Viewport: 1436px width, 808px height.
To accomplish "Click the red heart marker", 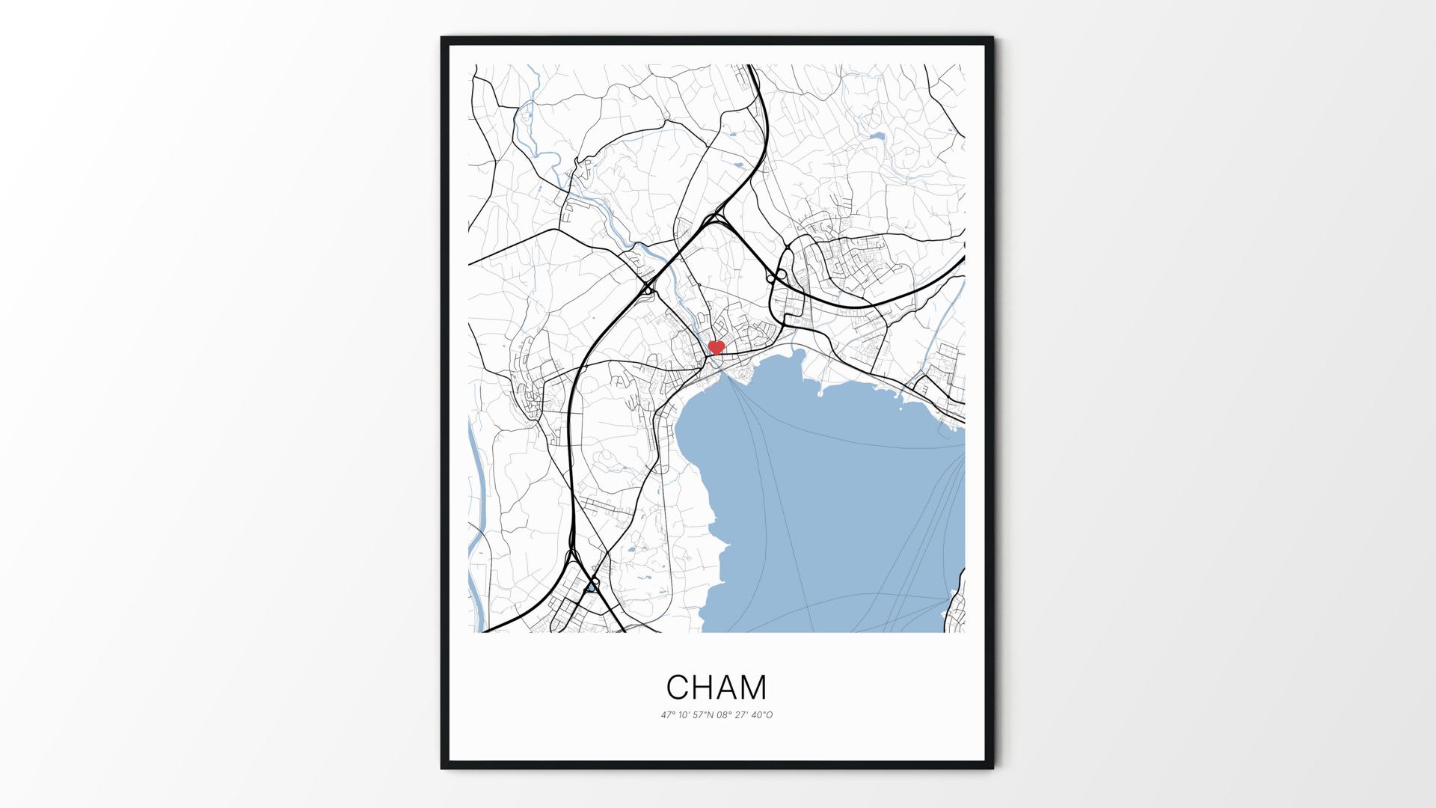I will click(x=716, y=347).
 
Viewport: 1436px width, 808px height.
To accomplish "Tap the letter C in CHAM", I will click(x=677, y=687).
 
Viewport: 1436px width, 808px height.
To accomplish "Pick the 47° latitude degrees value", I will click(x=668, y=715).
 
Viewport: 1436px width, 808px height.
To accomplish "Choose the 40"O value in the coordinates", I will click(x=762, y=715).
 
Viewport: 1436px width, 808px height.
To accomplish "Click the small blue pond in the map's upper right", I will click(x=877, y=137).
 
